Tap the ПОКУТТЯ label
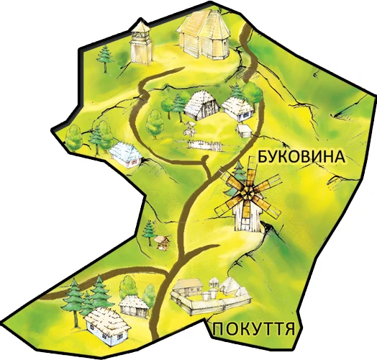coord(254,330)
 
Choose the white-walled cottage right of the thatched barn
coord(237,108)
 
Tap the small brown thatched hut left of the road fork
coord(132,305)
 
